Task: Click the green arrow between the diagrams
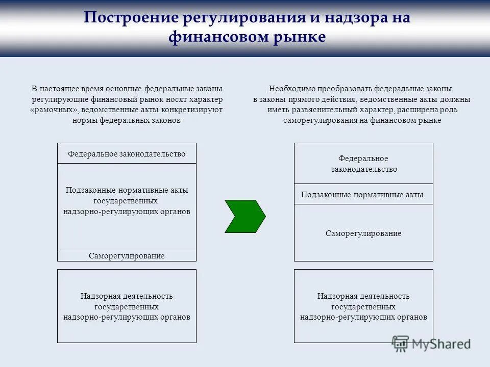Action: (244, 216)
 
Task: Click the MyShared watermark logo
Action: (431, 344)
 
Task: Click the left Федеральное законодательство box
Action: (127, 153)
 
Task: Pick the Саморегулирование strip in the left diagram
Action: (127, 255)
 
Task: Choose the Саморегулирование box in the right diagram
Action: (363, 233)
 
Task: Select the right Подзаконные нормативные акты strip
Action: (363, 194)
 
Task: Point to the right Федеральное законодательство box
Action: (363, 164)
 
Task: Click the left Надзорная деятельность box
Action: (127, 306)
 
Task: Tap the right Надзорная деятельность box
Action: (363, 306)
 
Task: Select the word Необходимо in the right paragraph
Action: (289, 89)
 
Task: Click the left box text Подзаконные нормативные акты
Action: (127, 190)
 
